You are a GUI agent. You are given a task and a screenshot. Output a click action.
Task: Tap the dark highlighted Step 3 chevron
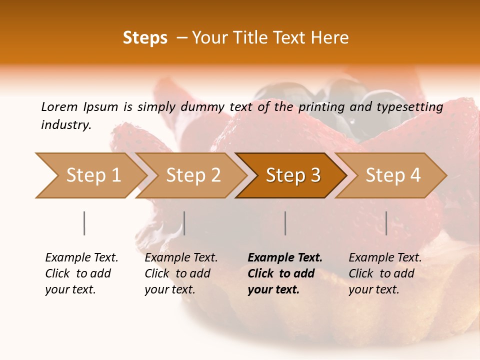click(x=291, y=175)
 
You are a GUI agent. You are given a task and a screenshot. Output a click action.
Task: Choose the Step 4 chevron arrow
click(x=391, y=175)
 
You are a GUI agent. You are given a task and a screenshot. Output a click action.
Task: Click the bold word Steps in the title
click(x=145, y=38)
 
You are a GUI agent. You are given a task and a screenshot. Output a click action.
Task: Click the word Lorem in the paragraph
click(x=59, y=106)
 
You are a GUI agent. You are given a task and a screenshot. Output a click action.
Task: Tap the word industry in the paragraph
click(x=65, y=124)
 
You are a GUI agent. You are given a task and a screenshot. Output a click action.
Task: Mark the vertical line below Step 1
click(x=84, y=223)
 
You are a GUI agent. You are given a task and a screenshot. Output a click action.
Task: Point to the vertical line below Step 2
click(x=184, y=223)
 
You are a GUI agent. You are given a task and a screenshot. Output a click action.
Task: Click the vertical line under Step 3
click(x=285, y=223)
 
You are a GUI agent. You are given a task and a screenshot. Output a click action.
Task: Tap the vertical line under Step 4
click(x=386, y=223)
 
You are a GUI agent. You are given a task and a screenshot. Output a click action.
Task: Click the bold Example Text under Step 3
click(x=285, y=258)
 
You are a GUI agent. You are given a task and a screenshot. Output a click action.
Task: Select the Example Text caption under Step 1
click(x=81, y=258)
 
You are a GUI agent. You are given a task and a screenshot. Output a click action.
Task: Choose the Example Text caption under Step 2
click(x=181, y=258)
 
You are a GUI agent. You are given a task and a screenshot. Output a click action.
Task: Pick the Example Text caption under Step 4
click(x=385, y=258)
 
